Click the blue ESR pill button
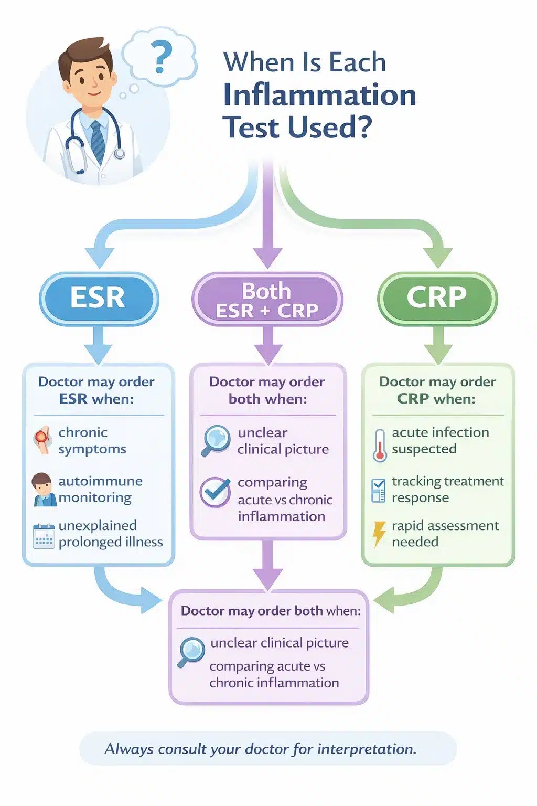(x=99, y=298)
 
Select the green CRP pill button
(x=437, y=298)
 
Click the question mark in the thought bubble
(x=161, y=58)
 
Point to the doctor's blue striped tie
(x=98, y=142)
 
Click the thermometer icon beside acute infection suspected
(x=380, y=445)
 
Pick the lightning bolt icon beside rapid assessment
(x=378, y=533)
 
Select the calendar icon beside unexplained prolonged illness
(x=44, y=536)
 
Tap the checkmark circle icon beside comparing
(x=215, y=492)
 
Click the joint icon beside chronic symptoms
(x=43, y=439)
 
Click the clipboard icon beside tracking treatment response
(x=378, y=490)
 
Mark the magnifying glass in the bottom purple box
(x=191, y=651)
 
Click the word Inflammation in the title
(x=319, y=95)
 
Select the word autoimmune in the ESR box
(x=100, y=481)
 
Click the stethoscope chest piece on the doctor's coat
(x=120, y=154)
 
